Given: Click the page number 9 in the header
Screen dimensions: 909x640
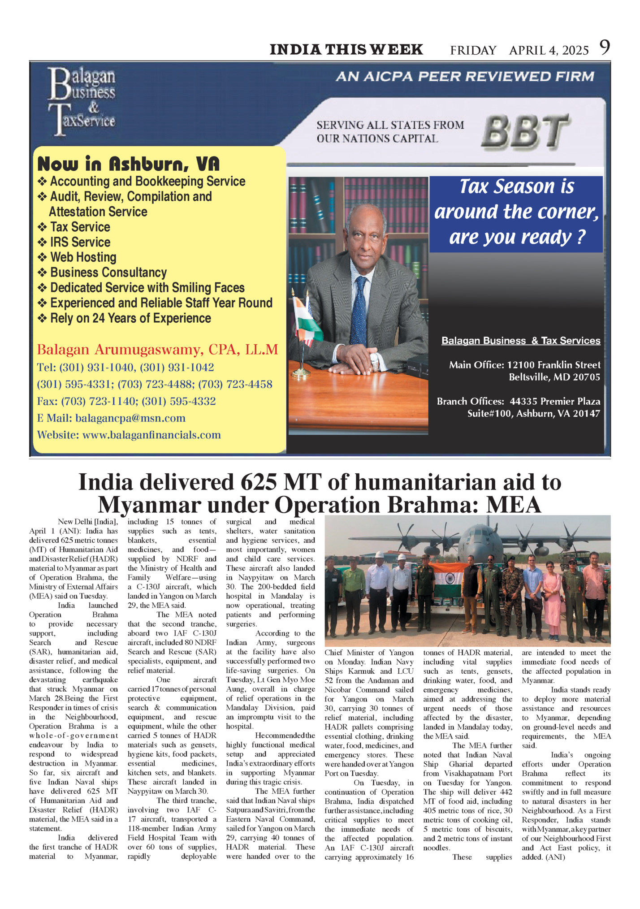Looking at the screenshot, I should (605, 48).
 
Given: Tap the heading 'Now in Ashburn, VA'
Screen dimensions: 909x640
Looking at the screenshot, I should (129, 164).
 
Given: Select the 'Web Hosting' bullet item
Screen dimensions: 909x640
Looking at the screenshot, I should (83, 257).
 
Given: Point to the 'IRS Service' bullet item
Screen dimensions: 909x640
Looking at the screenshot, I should (80, 242).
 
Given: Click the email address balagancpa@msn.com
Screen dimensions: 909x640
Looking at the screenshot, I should (130, 418).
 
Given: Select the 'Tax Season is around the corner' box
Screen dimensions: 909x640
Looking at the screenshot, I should (516, 212).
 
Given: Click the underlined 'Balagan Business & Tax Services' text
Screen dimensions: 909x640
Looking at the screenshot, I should (521, 341).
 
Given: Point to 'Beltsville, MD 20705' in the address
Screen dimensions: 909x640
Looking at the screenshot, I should (554, 377).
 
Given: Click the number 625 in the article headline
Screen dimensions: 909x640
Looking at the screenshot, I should (258, 482).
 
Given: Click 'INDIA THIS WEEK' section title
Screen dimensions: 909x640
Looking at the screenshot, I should (346, 49).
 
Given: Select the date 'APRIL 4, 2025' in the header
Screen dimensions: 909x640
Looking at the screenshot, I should (549, 50).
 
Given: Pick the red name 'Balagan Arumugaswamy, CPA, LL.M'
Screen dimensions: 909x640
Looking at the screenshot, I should (157, 349).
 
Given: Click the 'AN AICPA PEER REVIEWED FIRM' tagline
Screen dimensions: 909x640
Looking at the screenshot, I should (465, 77).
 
